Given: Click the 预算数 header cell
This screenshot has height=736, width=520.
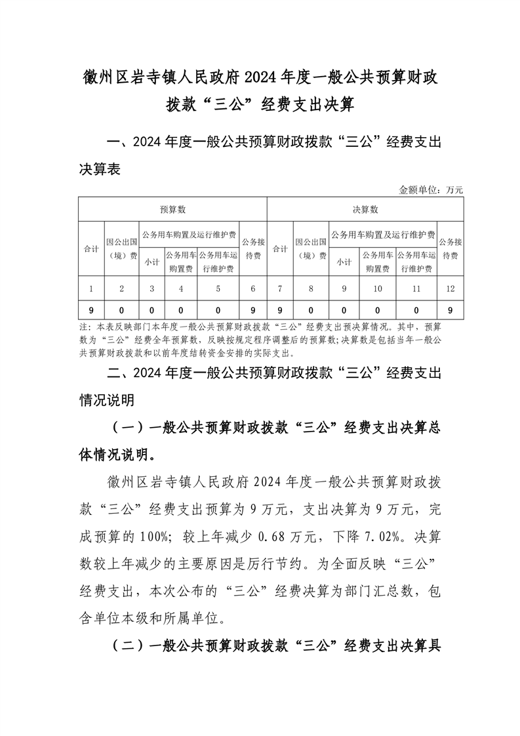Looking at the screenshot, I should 173,209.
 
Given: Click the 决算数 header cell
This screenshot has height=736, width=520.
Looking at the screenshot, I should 365,209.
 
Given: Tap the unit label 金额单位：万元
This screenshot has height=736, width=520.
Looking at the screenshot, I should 431,190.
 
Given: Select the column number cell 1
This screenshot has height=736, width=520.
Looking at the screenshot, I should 91,288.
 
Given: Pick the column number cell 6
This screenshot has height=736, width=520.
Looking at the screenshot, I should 253,288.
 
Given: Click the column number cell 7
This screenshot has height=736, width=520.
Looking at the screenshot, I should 280,288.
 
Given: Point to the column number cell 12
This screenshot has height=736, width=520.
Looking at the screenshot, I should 450,288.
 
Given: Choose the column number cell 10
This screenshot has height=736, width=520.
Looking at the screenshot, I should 377,288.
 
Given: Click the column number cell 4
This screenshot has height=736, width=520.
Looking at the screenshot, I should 180,288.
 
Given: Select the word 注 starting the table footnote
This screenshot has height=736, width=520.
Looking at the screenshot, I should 83,326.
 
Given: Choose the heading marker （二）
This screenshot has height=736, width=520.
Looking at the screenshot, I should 128,645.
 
